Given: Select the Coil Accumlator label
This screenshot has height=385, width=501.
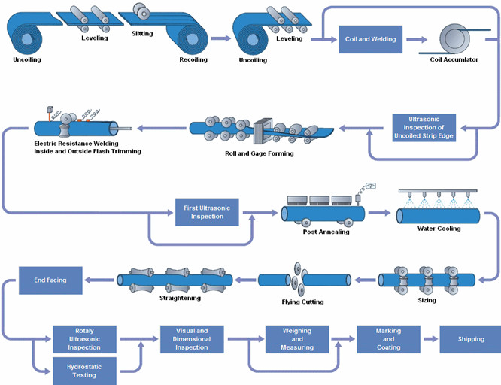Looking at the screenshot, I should (x=454, y=59).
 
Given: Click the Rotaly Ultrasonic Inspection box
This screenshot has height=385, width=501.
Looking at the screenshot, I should (x=84, y=338).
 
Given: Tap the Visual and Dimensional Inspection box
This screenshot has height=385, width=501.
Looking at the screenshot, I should (x=191, y=338).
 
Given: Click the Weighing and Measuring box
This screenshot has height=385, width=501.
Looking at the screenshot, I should (x=297, y=338).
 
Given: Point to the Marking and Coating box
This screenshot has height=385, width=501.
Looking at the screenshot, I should (x=389, y=338).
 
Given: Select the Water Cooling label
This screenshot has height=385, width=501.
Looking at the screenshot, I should (x=439, y=229).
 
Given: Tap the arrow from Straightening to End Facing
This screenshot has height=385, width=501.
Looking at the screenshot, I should (x=99, y=280).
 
